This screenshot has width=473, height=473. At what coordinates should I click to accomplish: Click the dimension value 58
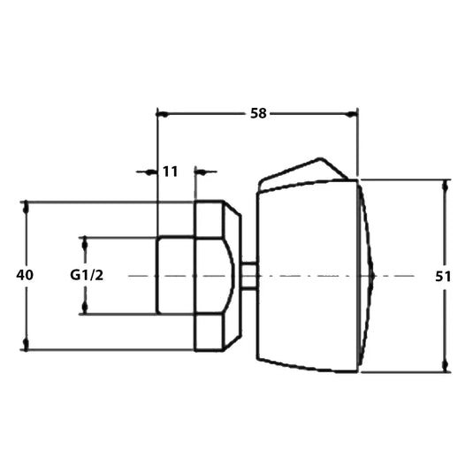pos(258,113)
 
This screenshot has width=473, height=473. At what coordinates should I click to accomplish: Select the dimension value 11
pos(171,172)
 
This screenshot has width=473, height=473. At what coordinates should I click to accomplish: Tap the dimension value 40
pos(25,275)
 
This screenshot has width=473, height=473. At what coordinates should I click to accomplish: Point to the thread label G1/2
pos(87,275)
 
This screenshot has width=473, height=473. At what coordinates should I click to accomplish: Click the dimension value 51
pos(443,277)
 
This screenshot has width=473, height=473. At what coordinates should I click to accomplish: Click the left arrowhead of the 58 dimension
pos(163,115)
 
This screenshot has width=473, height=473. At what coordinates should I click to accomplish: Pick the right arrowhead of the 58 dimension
pos(352,115)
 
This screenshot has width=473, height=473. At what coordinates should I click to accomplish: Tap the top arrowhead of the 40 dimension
pos(27,207)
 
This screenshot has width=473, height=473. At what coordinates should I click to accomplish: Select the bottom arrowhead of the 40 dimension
pos(27,344)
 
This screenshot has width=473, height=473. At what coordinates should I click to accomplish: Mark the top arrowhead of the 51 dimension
pos(446,186)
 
